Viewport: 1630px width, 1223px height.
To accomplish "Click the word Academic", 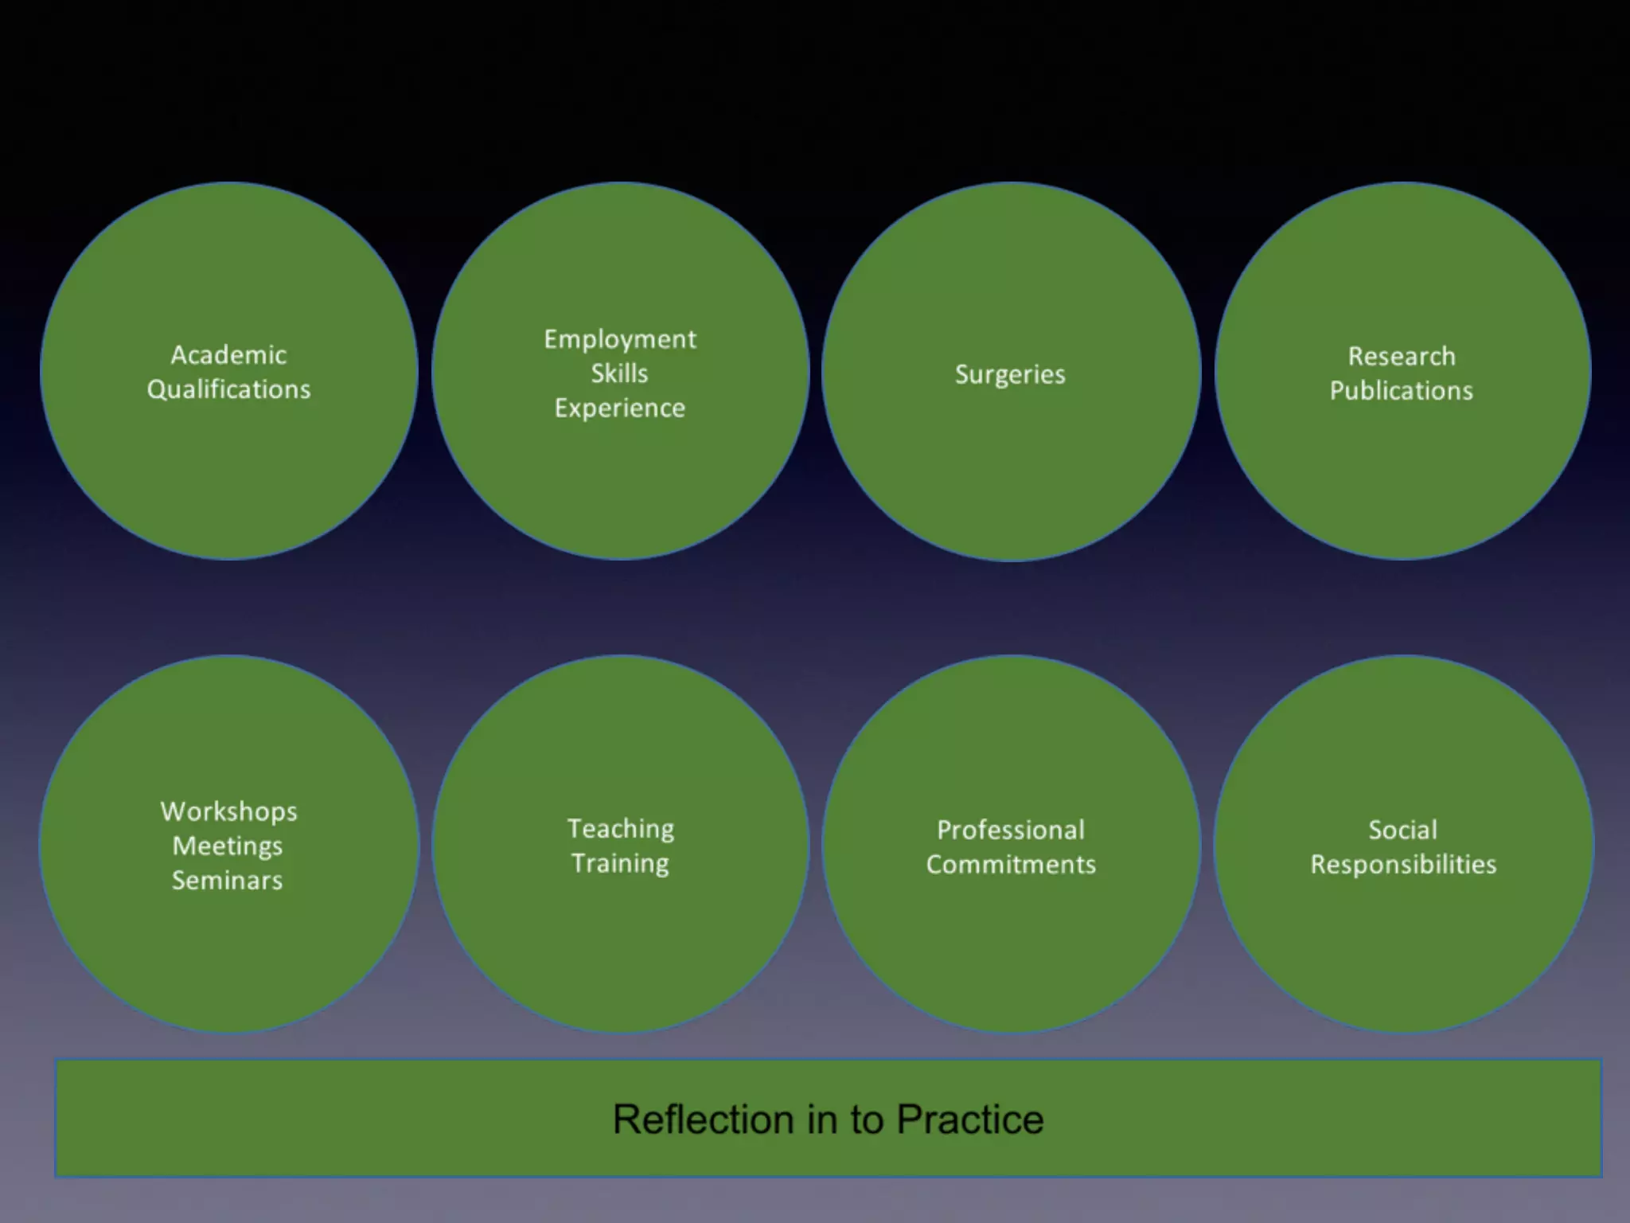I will coord(228,355).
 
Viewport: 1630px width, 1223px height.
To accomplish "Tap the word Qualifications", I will coord(228,389).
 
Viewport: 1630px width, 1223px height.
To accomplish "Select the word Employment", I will coord(620,340).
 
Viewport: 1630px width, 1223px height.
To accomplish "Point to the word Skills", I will coord(619,373).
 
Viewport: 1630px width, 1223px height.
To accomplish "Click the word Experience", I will coord(620,408).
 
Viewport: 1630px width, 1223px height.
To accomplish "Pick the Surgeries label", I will coord(1010,375).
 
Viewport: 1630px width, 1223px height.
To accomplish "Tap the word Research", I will coord(1402,357).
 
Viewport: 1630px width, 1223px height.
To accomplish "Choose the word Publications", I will coord(1402,391).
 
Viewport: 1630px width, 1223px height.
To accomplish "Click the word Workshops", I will coord(228,811).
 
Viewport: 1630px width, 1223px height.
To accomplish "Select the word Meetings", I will coord(228,846).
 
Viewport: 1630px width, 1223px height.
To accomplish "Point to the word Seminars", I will coord(228,881).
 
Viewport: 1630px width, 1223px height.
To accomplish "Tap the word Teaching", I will coord(621,830).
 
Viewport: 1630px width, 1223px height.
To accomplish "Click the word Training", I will coord(621,864).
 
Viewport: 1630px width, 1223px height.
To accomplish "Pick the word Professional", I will coord(1011,830).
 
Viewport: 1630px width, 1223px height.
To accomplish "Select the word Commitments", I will coord(1011,865).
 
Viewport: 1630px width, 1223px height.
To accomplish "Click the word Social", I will coord(1403,830).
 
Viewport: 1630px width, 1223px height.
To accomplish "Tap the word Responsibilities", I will coord(1403,865).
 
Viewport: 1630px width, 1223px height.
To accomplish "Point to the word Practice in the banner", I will coord(970,1119).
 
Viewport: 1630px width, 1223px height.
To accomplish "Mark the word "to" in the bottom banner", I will coord(867,1119).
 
